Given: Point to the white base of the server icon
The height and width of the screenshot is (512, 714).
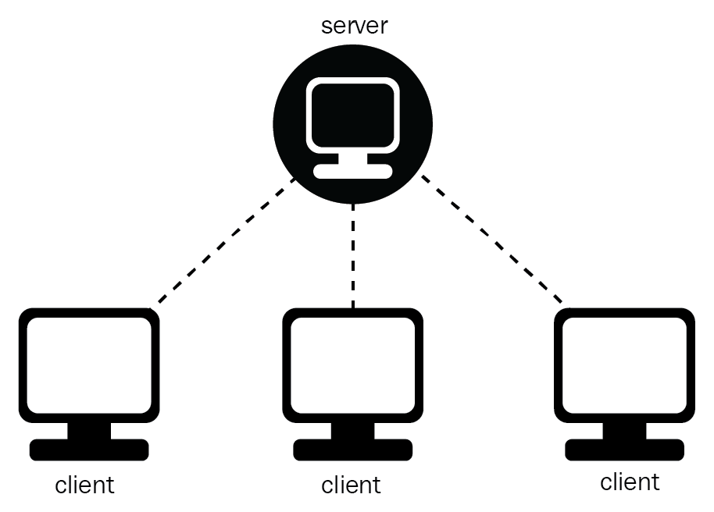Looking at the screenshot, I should (x=352, y=171).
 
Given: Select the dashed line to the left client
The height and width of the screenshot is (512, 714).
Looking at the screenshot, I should (x=226, y=242).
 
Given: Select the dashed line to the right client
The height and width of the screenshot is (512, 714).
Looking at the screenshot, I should (x=491, y=240).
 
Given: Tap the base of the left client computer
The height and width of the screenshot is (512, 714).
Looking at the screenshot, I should (x=88, y=450).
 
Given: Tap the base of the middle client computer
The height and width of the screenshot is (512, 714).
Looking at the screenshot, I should (x=352, y=450).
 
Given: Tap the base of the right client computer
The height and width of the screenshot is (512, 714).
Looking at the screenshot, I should (x=624, y=450).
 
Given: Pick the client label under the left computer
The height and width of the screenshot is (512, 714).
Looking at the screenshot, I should (x=84, y=485).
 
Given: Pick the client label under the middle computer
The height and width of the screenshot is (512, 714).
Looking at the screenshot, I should (x=351, y=485).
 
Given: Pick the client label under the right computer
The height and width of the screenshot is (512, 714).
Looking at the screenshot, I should (x=630, y=482).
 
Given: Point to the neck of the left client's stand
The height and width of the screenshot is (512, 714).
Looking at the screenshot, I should (x=88, y=430).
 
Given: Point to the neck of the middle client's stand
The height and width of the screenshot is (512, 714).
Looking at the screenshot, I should (x=352, y=430).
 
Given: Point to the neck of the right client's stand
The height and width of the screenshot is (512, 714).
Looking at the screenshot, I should (x=624, y=430).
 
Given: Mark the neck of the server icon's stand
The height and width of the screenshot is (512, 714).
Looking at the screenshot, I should (x=352, y=158).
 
